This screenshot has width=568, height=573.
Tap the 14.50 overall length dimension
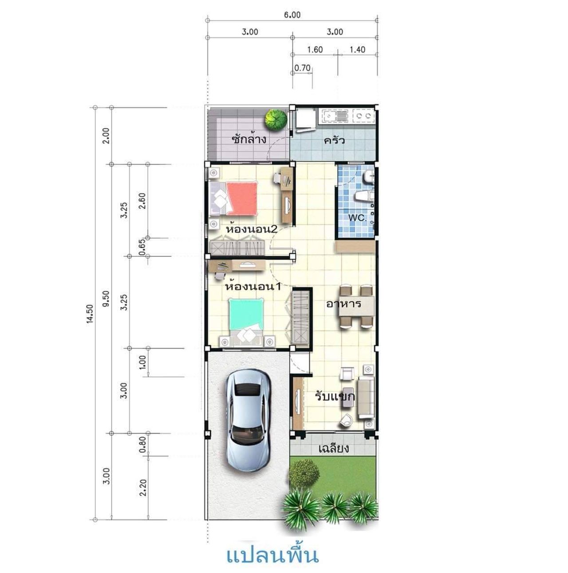click(90, 314)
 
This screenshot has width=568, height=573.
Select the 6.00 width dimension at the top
click(292, 15)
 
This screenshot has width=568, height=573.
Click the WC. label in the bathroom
click(358, 218)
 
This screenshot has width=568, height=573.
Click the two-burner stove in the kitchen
click(363, 115)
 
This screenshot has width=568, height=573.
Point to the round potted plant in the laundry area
click(276, 119)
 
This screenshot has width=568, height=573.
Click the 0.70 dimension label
click(302, 68)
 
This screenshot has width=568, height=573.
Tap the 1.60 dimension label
click(315, 50)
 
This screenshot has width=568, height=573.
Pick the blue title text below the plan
click(272, 556)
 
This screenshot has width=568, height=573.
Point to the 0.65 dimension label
click(142, 247)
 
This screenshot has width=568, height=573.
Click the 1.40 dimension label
click(357, 50)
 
